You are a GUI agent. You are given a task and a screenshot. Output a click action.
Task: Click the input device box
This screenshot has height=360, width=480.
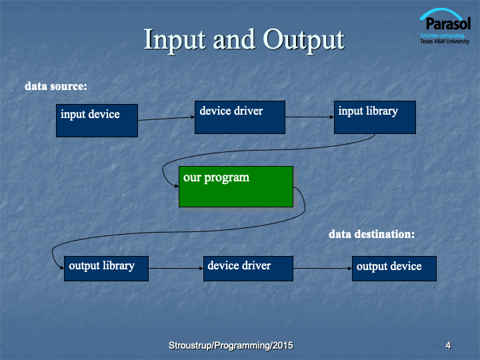[x=97, y=121]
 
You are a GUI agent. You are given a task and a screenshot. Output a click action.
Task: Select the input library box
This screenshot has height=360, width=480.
[x=375, y=117]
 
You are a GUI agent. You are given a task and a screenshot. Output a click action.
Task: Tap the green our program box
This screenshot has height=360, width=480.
[x=236, y=187]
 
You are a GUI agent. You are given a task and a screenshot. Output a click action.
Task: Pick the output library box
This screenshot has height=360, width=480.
[x=106, y=269]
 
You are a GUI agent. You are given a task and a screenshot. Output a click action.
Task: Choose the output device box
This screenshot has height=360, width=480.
[x=394, y=269]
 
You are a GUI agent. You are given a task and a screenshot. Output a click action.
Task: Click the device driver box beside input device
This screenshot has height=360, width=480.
[x=240, y=117]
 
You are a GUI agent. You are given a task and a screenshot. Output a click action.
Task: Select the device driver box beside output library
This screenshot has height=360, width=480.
[x=248, y=269]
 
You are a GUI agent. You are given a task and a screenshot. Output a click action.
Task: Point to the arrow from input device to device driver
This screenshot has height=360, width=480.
[x=166, y=119]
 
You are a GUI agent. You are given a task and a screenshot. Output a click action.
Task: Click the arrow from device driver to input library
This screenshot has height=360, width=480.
[x=309, y=117]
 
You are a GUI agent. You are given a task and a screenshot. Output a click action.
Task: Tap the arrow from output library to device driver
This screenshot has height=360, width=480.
[x=176, y=269]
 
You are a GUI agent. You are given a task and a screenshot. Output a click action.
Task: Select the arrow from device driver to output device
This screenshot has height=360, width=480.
[x=323, y=269]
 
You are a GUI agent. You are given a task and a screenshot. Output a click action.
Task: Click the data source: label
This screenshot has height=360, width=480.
[x=56, y=86]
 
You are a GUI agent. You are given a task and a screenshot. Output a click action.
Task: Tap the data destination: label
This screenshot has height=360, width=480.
[x=371, y=234]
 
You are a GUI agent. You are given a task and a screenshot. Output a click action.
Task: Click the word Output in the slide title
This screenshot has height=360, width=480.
[x=304, y=40]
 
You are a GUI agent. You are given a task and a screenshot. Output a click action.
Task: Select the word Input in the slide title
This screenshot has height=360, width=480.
[x=175, y=40]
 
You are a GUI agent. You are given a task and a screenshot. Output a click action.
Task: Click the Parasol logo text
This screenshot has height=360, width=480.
[x=448, y=23]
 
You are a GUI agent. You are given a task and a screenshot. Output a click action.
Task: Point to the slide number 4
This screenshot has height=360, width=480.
[x=448, y=345]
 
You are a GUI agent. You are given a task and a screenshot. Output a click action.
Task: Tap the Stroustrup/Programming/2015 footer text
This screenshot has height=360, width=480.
[x=231, y=345]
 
